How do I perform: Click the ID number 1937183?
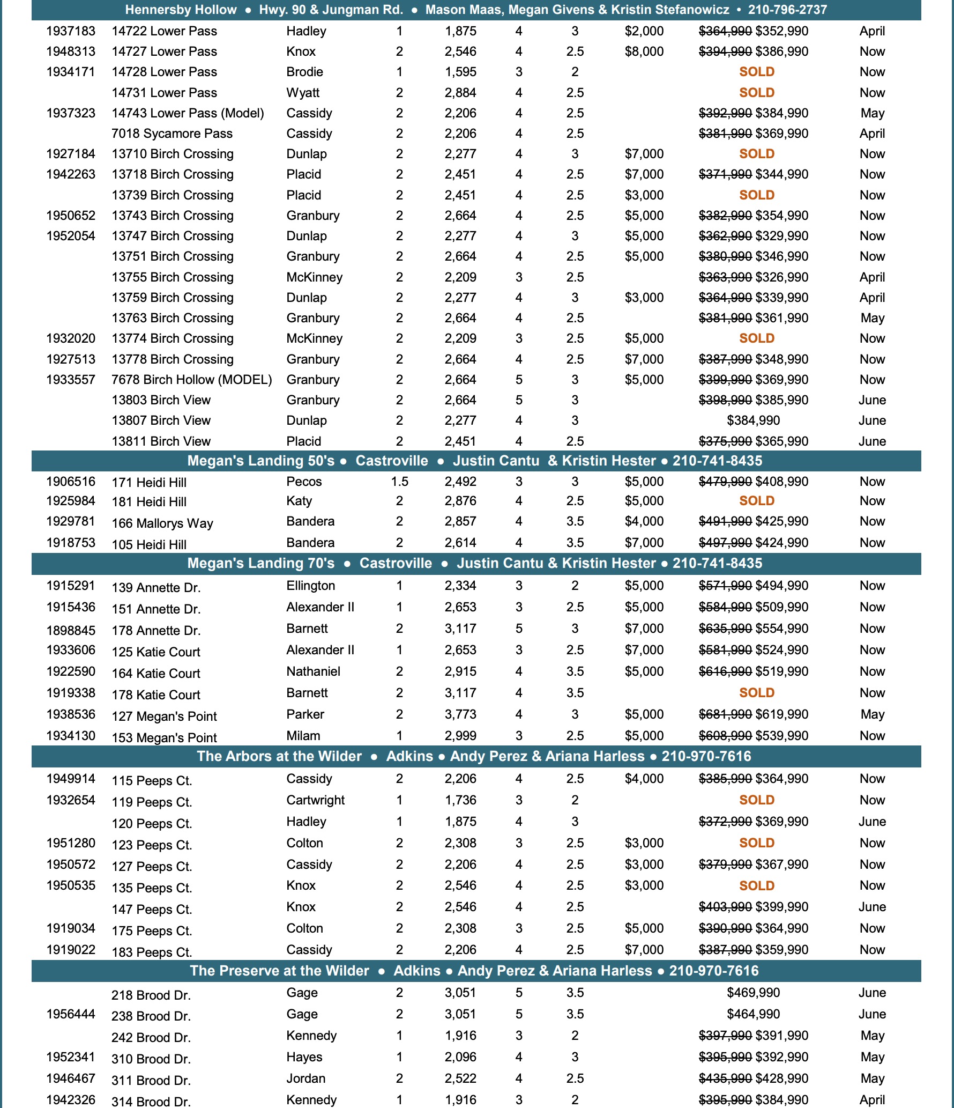pos(71,31)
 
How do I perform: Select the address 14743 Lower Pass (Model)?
pos(188,113)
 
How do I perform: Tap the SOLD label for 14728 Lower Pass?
pos(756,72)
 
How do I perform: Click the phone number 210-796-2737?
pos(787,10)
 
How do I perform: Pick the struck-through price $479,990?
pos(725,482)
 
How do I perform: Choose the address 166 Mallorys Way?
pos(162,523)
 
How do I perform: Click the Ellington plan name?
pos(310,586)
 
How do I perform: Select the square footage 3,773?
pos(460,714)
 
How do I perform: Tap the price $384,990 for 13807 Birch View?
pos(753,420)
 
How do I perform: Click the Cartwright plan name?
pos(315,800)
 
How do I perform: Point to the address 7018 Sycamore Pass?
pos(172,134)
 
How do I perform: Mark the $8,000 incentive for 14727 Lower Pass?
pos(644,51)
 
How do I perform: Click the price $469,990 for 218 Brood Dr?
pos(753,993)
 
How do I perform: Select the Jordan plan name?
pos(305,1079)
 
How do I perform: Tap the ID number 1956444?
pos(71,1014)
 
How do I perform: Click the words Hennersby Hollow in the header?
pos(181,10)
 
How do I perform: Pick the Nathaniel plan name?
pos(313,671)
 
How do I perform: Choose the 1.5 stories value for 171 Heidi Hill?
pos(399,482)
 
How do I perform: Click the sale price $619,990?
pos(781,714)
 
